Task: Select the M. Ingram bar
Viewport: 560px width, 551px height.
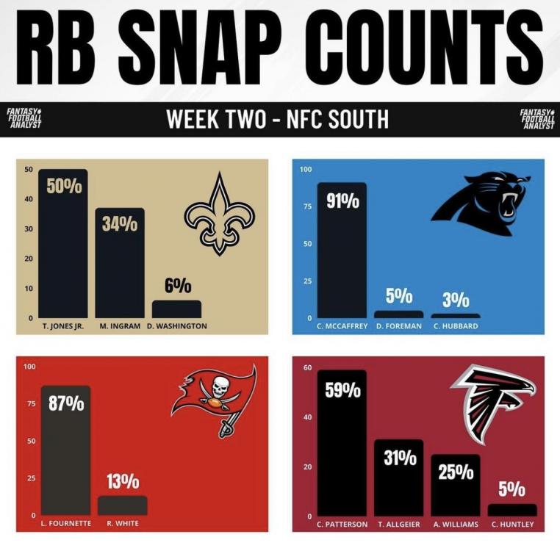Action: pos(120,272)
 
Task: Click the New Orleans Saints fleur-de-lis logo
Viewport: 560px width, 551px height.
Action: pos(219,214)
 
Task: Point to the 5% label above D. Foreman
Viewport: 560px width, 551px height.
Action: pos(399,297)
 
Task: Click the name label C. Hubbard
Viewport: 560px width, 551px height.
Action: pos(455,326)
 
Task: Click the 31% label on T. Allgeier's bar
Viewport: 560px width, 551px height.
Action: pos(399,458)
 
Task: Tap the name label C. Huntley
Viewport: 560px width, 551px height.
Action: pos(512,524)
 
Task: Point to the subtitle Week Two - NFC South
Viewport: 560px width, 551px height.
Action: pos(277,119)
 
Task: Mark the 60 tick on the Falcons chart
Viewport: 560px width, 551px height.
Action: pos(307,367)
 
